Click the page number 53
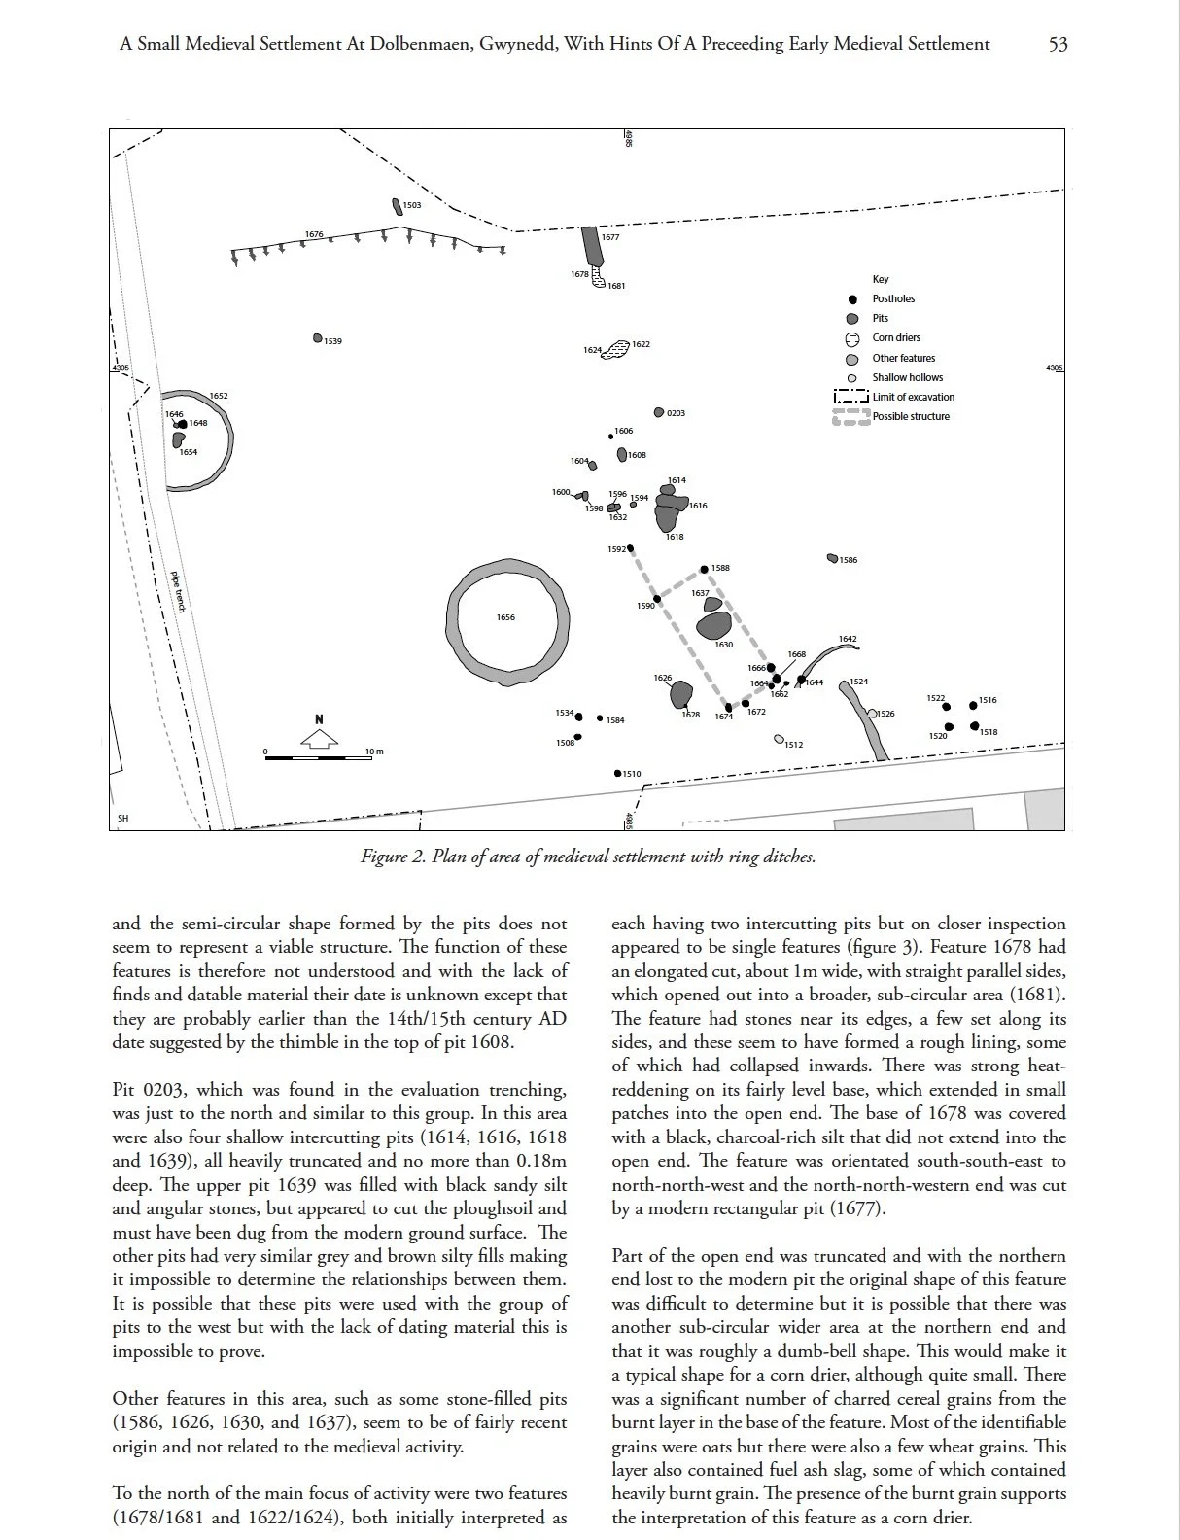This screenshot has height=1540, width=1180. coord(1058,44)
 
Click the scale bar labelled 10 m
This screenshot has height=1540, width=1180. coord(318,757)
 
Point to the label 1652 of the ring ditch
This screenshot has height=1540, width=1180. coord(219,396)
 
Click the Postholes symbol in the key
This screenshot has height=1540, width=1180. coord(852,299)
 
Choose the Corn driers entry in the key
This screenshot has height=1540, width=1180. coord(895,338)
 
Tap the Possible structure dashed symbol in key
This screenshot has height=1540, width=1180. coord(851,417)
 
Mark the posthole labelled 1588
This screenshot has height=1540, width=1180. coord(705,570)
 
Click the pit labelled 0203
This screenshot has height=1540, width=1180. coord(659,412)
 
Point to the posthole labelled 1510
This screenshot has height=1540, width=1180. coord(617,774)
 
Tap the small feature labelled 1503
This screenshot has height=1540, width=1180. coord(397,206)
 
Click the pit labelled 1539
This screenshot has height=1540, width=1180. coord(318,338)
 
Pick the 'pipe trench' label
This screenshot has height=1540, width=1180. coord(179,591)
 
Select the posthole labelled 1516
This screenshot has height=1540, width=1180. coord(974,706)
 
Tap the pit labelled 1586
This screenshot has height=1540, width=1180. coord(832,558)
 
